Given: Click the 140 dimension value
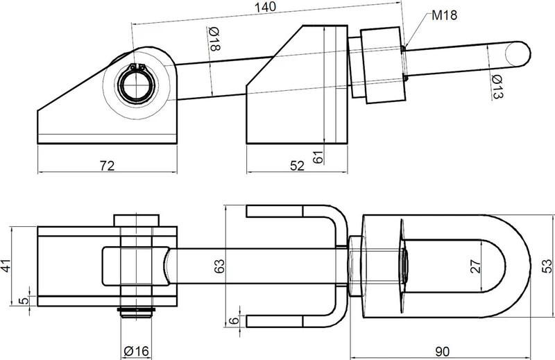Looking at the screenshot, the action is pyautogui.click(x=266, y=7).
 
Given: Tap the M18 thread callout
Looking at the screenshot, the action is pyautogui.click(x=444, y=15).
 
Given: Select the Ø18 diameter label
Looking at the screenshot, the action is pyautogui.click(x=214, y=39).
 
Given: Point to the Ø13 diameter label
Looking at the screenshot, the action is pyautogui.click(x=497, y=87).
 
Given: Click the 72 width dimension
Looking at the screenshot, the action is pyautogui.click(x=107, y=165).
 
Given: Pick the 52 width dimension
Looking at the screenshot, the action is pyautogui.click(x=297, y=165).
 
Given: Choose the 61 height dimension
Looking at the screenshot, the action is pyautogui.click(x=318, y=157).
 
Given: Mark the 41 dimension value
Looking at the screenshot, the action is pyautogui.click(x=6, y=266).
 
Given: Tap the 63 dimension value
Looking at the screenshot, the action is pyautogui.click(x=219, y=266).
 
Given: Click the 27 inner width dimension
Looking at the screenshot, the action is pyautogui.click(x=475, y=266).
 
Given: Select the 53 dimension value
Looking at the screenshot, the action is pyautogui.click(x=547, y=266).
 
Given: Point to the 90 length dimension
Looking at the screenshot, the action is pyautogui.click(x=442, y=352).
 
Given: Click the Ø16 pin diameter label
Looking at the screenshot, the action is pyautogui.click(x=136, y=351).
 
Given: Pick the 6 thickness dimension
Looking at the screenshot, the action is pyautogui.click(x=233, y=321).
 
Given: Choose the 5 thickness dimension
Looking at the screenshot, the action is pyautogui.click(x=24, y=301).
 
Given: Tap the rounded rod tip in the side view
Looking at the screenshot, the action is pyautogui.click(x=518, y=54).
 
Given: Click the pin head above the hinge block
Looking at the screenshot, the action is pyautogui.click(x=136, y=220).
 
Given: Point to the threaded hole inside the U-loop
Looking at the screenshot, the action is pyautogui.click(x=404, y=266).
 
